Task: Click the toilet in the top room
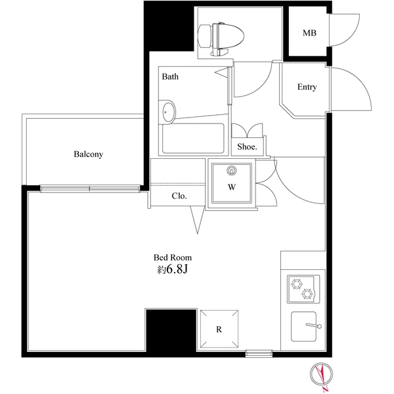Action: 221,39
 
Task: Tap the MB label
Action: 309,33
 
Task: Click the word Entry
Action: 307,87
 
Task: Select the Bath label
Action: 170,76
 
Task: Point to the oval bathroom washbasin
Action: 167,112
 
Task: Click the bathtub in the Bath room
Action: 193,139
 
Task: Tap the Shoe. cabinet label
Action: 247,146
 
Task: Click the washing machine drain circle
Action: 231,171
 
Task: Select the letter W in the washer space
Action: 232,187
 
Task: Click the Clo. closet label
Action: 179,196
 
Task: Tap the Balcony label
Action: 89,154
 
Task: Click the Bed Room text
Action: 173,257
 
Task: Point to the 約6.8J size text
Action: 173,270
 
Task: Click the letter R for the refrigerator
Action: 219,330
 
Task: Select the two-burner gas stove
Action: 303,289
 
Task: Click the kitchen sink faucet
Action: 314,326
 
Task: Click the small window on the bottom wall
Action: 259,353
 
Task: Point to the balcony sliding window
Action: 90,188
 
